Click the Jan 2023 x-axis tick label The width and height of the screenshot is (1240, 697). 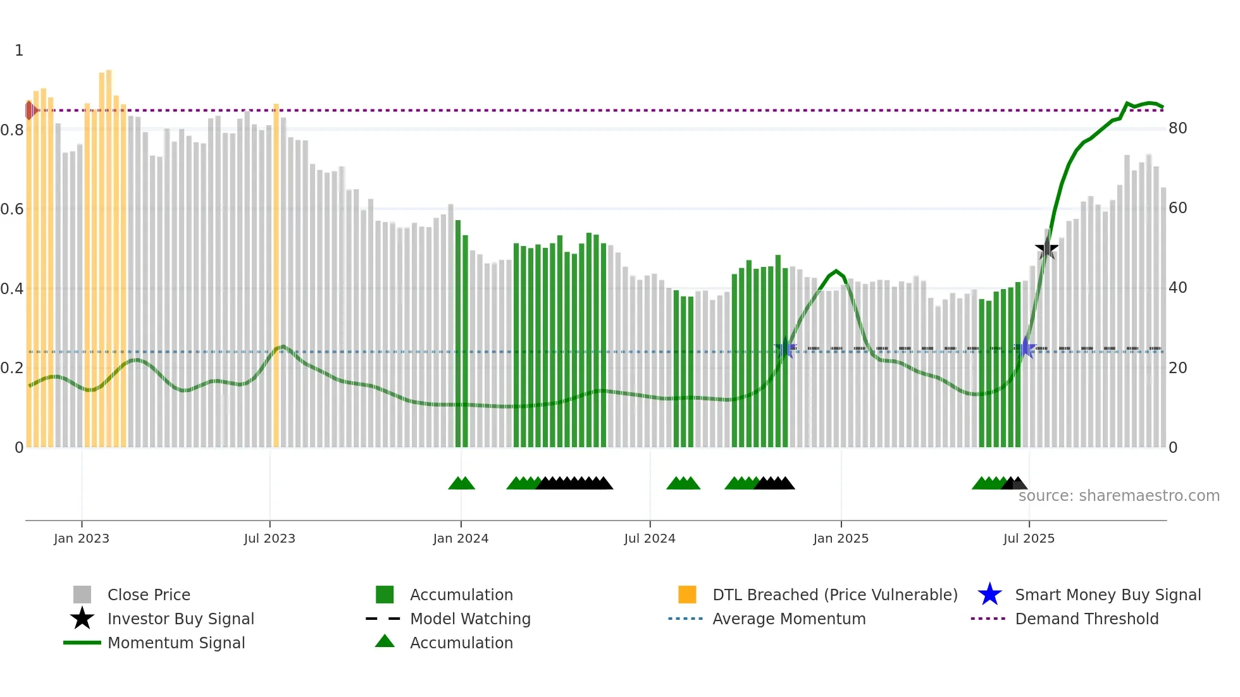[82, 538]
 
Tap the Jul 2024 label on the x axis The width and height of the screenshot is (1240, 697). [650, 538]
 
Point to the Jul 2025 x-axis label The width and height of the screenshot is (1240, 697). [1029, 538]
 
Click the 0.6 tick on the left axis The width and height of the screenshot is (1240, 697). [12, 209]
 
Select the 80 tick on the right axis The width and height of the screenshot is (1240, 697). [1177, 128]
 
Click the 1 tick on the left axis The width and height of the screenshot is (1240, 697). [19, 51]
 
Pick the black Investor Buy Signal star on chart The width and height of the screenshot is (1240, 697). [1046, 248]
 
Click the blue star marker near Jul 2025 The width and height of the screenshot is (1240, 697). [1026, 348]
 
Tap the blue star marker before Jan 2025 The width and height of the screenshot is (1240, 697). [785, 348]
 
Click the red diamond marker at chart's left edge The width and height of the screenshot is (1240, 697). [30, 110]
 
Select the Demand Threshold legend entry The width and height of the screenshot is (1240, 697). [1086, 619]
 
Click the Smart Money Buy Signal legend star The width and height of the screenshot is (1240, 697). [989, 595]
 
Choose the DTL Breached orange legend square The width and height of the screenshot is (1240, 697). [687, 595]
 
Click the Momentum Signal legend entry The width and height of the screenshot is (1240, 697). [176, 643]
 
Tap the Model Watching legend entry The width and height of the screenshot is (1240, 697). [470, 619]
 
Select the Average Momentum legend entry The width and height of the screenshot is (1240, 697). [789, 619]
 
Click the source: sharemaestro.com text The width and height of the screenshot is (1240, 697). [1119, 496]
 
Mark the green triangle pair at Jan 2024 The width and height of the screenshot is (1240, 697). [462, 483]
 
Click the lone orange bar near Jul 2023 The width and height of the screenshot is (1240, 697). [276, 275]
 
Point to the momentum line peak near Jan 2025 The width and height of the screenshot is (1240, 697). [836, 271]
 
